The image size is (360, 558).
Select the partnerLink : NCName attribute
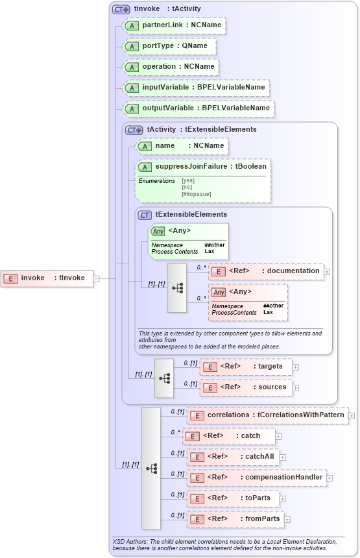[174, 25]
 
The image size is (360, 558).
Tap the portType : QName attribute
[170, 46]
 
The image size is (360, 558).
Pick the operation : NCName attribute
[171, 67]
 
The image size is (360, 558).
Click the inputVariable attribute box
[195, 87]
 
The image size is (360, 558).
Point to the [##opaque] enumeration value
[197, 194]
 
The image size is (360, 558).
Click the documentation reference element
[267, 271]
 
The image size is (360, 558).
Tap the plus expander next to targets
[296, 367]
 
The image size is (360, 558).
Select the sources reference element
[246, 387]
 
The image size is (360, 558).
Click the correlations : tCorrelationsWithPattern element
[267, 415]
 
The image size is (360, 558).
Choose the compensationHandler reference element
[256, 478]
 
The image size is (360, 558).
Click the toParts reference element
[234, 498]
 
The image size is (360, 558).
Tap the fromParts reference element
[235, 519]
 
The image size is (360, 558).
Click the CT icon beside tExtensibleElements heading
[145, 215]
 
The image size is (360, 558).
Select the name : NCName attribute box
[182, 146]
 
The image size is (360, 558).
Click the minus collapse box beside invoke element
[96, 278]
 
